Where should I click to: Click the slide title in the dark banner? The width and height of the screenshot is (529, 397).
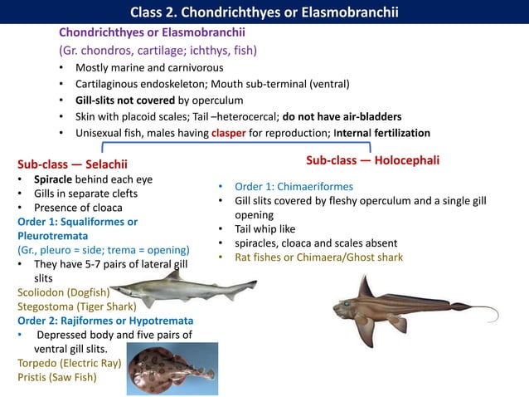tap(264, 12)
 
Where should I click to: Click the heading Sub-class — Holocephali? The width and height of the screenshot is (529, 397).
tap(372, 159)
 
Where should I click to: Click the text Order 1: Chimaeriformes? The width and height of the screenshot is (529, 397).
tap(294, 186)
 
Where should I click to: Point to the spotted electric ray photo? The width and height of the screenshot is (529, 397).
tap(172, 368)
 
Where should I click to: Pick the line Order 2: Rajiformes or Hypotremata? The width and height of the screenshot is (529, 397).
tap(105, 321)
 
